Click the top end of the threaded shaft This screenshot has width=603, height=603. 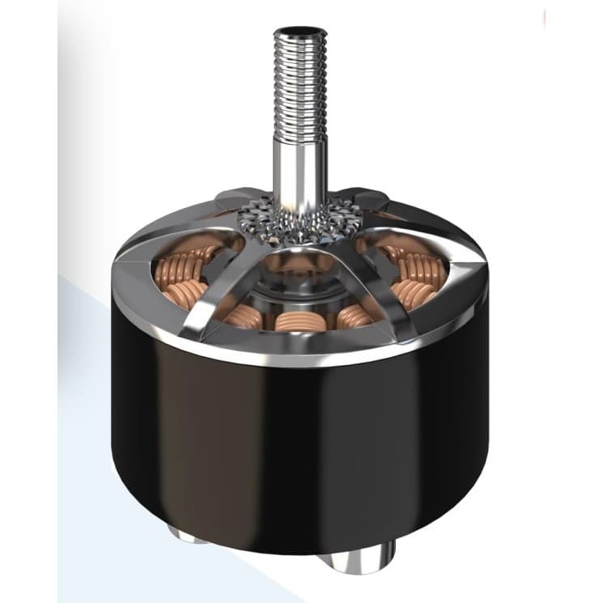(300, 31)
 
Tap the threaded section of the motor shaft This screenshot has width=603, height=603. (300, 81)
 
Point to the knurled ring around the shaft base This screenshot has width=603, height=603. (300, 220)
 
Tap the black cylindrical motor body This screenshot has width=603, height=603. (299, 453)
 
